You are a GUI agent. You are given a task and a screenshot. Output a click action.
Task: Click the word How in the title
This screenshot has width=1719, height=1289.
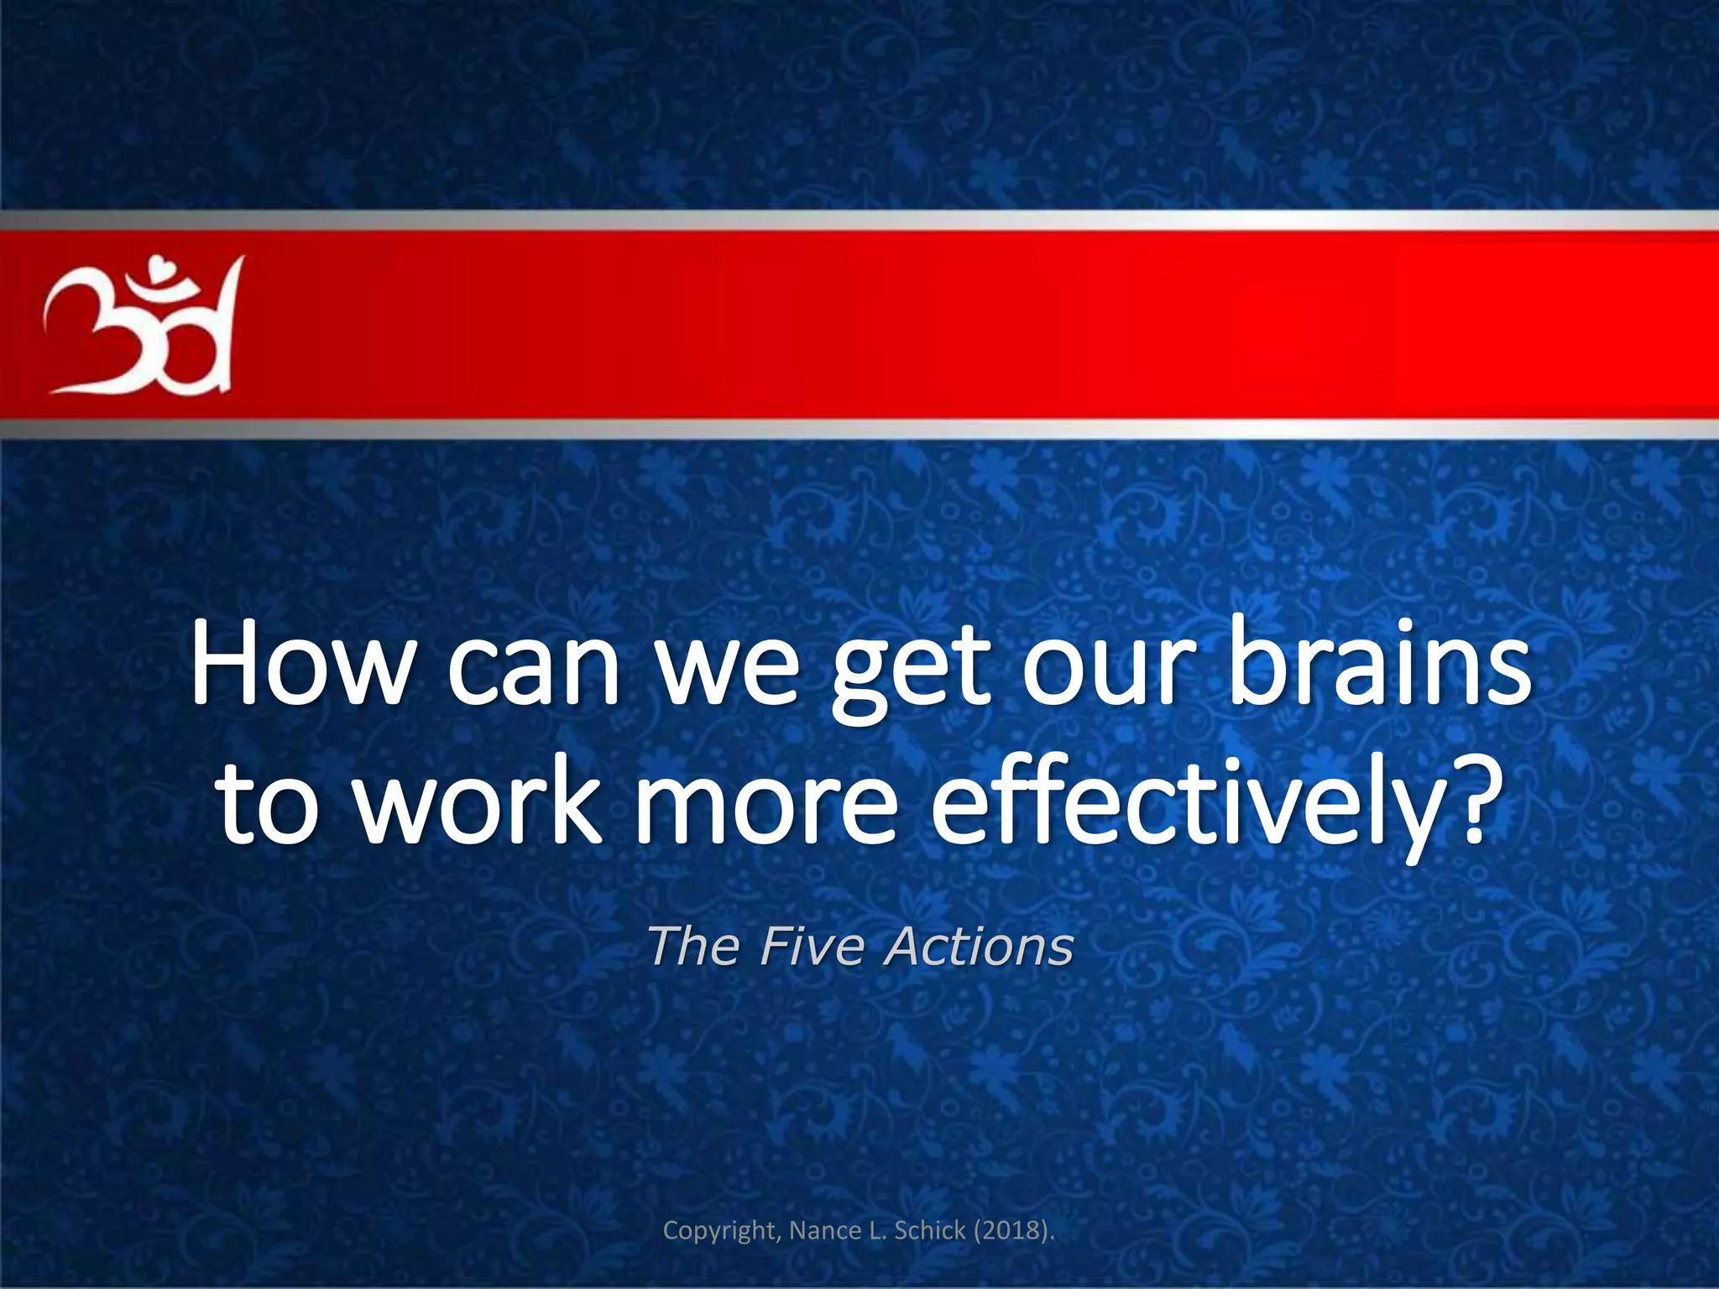pos(297,663)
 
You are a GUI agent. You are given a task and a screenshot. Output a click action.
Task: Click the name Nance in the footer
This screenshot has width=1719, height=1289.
pos(823,1230)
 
